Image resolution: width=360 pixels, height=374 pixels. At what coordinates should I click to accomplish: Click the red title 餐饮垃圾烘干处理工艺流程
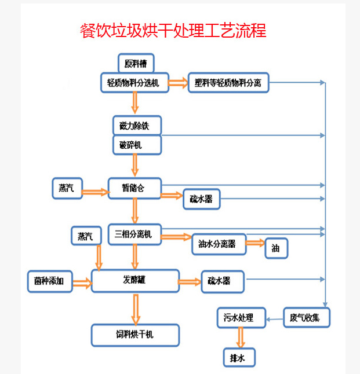[x=173, y=31]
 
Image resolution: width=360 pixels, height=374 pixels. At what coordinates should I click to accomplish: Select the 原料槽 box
[x=136, y=63]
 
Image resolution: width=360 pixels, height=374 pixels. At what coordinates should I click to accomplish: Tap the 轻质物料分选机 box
[x=134, y=83]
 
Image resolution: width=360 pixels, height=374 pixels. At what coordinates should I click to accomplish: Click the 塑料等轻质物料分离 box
[x=228, y=83]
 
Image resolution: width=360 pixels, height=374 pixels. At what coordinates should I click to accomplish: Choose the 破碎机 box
[x=135, y=145]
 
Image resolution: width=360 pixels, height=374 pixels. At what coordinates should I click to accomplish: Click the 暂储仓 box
[x=134, y=188]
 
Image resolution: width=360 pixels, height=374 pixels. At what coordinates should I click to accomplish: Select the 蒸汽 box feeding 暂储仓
[x=67, y=188]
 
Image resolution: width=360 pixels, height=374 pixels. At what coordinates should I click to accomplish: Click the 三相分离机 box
[x=134, y=234]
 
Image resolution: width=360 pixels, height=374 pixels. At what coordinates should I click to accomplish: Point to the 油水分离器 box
[x=219, y=244]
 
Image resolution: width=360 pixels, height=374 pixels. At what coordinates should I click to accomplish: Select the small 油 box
[x=276, y=248]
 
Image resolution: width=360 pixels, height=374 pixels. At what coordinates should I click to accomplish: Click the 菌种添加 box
[x=49, y=281]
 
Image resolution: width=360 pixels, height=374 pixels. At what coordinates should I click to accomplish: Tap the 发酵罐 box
[x=135, y=280]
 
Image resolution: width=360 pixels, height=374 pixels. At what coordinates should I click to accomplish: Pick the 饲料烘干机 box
[x=135, y=335]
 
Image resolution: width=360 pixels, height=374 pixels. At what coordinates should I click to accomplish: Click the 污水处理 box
[x=241, y=317]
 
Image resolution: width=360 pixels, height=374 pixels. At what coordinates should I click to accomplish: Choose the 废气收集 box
[x=307, y=317]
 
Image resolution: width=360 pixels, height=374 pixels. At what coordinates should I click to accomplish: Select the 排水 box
[x=239, y=358]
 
